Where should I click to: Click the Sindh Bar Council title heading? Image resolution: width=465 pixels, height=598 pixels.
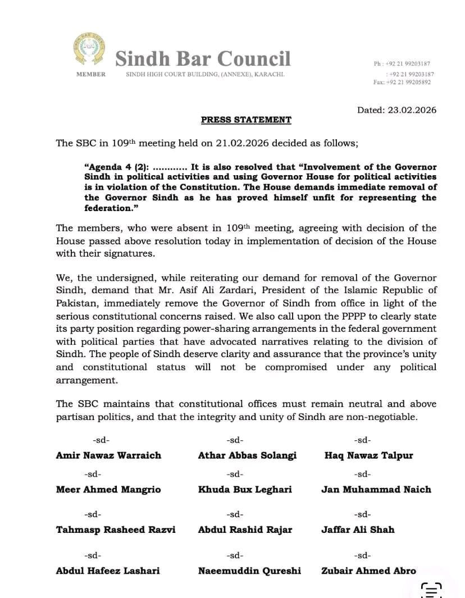[203, 58]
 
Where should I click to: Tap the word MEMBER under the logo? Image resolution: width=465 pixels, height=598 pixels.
[91, 75]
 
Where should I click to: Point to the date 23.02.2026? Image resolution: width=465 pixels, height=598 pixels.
[412, 110]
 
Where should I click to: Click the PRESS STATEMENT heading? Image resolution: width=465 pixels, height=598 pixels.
[246, 120]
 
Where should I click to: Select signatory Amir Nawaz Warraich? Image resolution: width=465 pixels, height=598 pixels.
[108, 455]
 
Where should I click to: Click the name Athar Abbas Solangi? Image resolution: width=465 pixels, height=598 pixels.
[247, 455]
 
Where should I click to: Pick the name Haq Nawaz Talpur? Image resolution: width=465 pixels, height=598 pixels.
[368, 455]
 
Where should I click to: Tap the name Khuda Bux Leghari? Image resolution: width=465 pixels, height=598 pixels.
[245, 489]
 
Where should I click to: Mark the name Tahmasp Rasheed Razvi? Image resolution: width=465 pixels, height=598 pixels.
[116, 529]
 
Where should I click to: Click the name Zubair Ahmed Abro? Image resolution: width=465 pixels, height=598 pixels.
[368, 570]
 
